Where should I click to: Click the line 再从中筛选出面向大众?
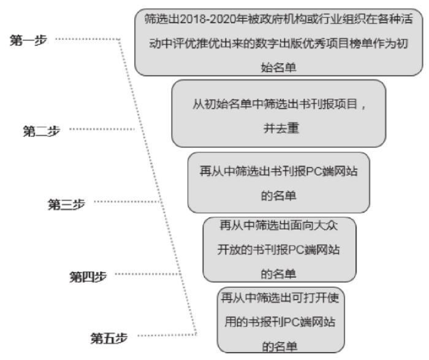pos(279,226)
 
